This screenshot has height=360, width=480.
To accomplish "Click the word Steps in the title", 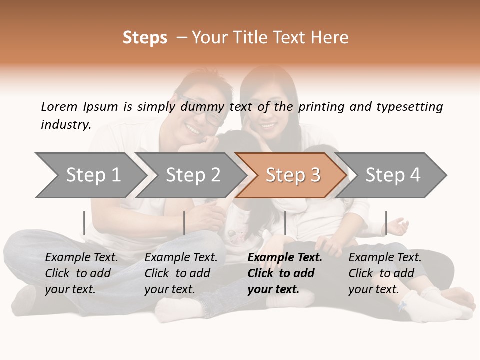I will point(145,38).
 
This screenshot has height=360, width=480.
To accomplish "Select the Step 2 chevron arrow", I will point(193,175).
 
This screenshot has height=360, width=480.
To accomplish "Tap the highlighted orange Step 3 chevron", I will point(292,175).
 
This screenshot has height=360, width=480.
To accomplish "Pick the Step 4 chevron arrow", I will point(393,175).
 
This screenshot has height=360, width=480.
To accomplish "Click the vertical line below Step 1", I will point(84,223).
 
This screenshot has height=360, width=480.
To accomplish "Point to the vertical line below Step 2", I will point(184,223).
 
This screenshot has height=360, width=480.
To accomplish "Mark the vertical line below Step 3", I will point(285,223).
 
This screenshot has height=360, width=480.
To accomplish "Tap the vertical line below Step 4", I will point(386,223).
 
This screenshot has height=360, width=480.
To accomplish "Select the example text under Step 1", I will point(81,273).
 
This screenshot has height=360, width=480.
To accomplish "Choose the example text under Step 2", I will point(181,273).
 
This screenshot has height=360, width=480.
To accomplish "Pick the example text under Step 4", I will point(384,273).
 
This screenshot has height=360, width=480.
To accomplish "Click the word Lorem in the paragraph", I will point(59,106).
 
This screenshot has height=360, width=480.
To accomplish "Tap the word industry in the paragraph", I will point(65,125).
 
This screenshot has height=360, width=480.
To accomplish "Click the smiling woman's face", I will point(264,120).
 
